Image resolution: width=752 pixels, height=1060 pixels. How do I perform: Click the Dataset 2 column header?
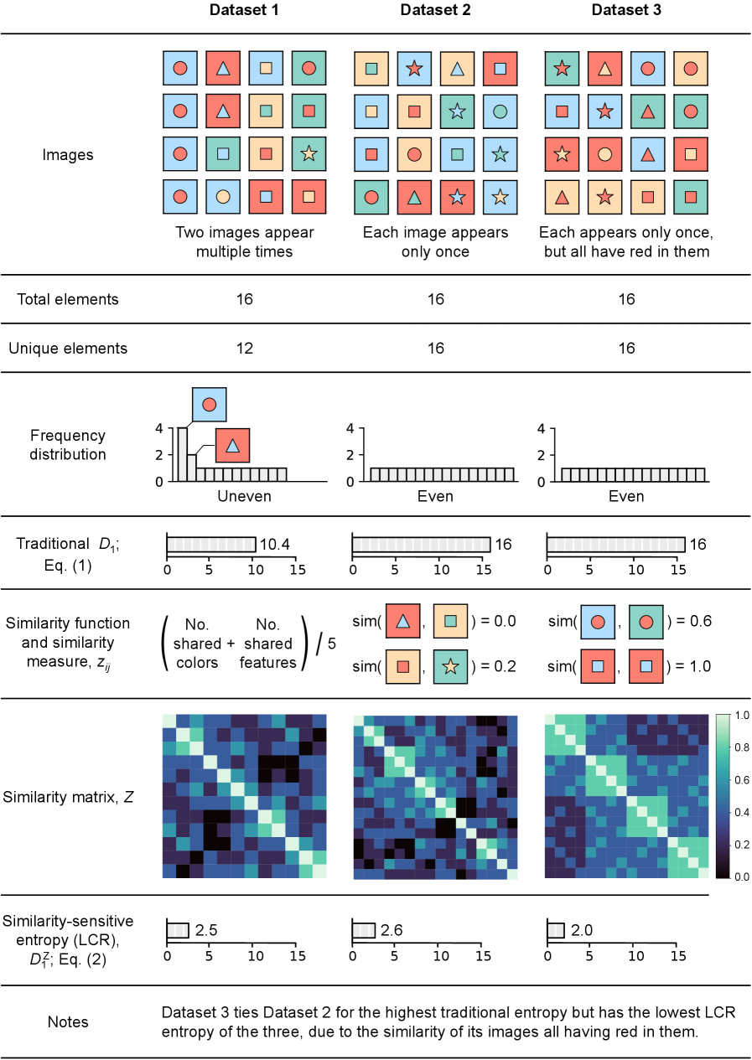435,11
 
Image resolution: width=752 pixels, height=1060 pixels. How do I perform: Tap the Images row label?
68,155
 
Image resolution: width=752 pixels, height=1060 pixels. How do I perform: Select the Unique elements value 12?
245,348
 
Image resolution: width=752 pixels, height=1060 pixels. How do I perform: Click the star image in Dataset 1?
309,153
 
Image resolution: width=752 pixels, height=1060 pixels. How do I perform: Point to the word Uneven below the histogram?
244,496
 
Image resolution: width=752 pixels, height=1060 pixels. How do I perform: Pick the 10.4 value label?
275,545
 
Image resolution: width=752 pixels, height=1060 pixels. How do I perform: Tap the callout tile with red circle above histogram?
209,405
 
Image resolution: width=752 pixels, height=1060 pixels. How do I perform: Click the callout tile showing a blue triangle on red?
233,445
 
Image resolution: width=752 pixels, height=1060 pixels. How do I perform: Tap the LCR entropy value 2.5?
206,930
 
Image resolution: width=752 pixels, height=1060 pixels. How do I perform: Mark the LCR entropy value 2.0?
581,930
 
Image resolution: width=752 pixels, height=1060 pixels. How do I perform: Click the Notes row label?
68,1021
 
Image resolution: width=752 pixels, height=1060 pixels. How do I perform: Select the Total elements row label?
68,299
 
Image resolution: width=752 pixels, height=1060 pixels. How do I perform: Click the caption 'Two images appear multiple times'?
244,241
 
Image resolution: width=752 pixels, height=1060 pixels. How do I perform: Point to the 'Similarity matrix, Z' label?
68,796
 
